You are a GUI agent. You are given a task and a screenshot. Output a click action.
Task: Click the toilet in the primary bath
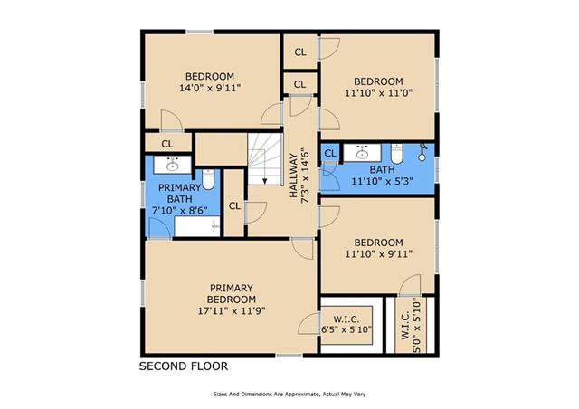[208, 179]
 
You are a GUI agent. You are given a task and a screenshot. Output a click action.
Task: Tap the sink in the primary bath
[173, 165]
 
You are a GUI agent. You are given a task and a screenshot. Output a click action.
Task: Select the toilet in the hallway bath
[397, 153]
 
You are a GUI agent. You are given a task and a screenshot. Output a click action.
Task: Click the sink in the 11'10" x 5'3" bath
[363, 152]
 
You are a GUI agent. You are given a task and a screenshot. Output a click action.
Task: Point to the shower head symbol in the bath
[422, 152]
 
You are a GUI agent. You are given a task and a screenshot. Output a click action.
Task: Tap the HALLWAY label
[293, 176]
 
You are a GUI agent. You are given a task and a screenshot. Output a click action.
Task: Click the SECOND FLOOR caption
[184, 366]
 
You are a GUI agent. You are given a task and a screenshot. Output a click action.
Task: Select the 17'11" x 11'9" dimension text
[232, 310]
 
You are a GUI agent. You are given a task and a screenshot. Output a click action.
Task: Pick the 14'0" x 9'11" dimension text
[210, 88]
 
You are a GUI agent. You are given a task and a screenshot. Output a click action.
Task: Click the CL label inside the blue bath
[330, 153]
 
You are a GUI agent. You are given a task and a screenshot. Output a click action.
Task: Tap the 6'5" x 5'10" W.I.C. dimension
[346, 329]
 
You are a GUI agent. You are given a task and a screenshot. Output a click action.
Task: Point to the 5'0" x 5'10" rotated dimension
[416, 326]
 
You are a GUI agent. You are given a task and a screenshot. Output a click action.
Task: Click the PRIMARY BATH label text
[179, 194]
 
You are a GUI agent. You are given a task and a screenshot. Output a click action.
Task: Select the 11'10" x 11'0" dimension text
[378, 92]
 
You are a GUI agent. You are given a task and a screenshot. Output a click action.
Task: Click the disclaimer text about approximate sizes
[289, 395]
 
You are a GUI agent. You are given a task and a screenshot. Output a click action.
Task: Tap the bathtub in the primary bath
[197, 226]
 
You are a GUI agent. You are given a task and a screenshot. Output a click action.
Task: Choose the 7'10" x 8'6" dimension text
[180, 211]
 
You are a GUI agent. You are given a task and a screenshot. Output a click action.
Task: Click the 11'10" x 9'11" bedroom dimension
[378, 254]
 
